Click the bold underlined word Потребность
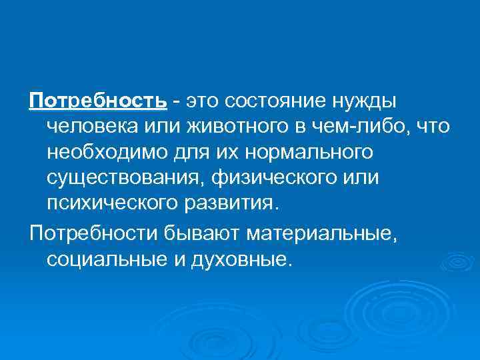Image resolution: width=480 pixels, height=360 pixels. [97, 101]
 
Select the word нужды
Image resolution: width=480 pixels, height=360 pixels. [363, 101]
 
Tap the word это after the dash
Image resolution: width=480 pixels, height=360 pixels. [202, 101]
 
